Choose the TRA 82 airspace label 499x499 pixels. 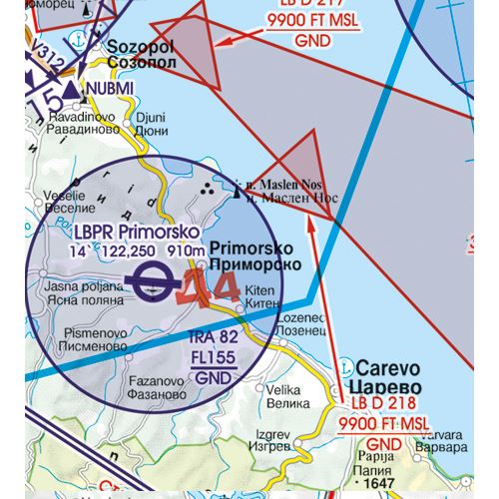[213, 337]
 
